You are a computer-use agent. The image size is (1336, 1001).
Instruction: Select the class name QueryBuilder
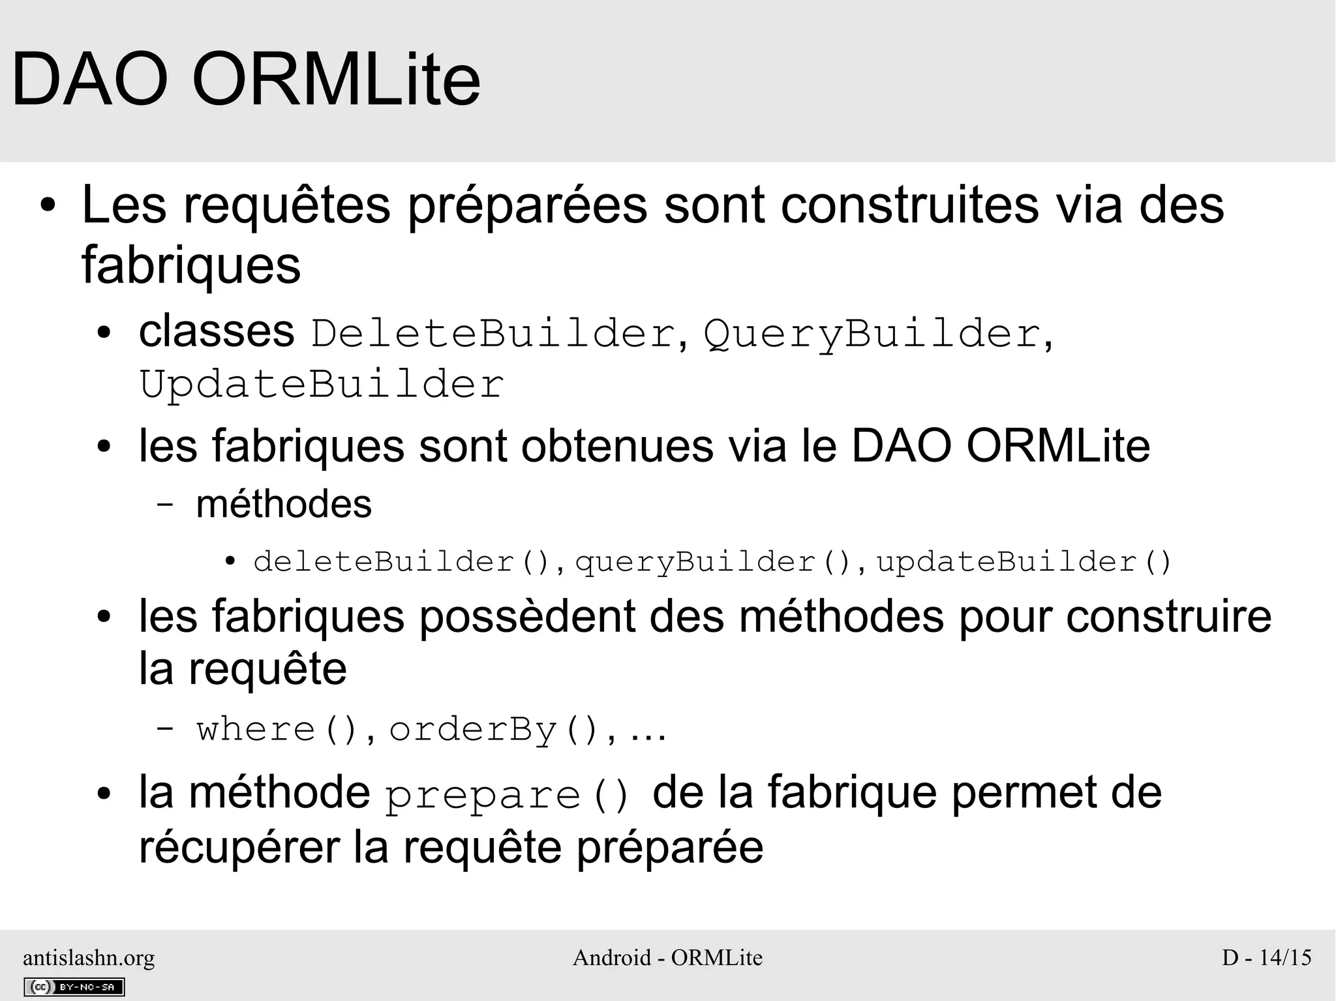point(872,334)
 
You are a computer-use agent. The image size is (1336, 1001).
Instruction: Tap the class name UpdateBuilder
point(322,384)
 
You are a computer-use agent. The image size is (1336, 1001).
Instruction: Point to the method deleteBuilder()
point(404,562)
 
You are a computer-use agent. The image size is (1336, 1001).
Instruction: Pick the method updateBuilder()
point(1024,562)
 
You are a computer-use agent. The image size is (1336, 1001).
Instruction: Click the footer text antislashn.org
point(89,957)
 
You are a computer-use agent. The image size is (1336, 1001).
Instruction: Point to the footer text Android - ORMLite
point(667,957)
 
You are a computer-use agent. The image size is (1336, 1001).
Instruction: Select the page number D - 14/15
point(1266,957)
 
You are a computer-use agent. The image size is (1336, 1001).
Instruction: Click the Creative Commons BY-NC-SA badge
point(74,987)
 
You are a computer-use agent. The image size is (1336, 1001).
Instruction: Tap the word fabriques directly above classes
point(191,265)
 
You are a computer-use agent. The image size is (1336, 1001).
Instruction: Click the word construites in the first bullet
point(910,205)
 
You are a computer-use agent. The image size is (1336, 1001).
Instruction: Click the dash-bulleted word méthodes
point(284,504)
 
